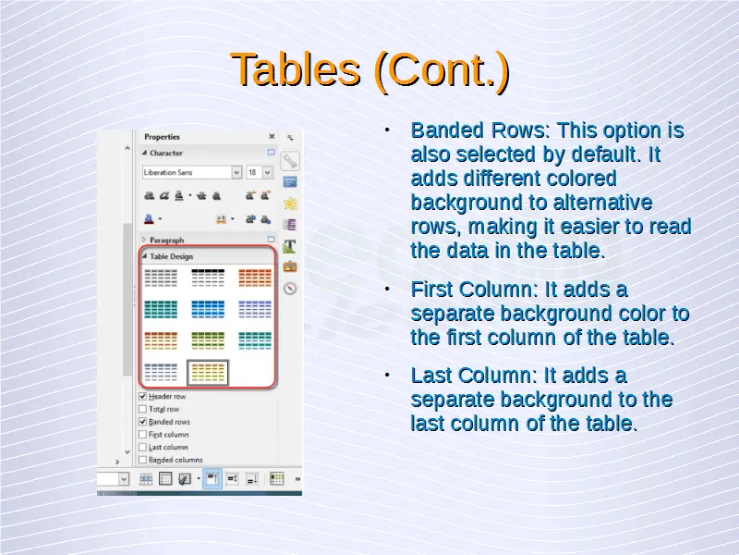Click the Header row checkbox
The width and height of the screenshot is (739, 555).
[143, 397]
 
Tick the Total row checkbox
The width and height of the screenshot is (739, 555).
[143, 409]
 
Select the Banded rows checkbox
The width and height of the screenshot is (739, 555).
[143, 422]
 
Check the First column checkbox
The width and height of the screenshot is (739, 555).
[143, 434]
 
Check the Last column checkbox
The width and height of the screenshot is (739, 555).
[143, 447]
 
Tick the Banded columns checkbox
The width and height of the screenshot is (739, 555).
[143, 460]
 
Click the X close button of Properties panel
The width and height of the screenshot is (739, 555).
[272, 136]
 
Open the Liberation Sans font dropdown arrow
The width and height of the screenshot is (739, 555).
[236, 173]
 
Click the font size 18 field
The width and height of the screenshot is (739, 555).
[253, 173]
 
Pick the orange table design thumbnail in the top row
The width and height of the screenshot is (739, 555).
[255, 278]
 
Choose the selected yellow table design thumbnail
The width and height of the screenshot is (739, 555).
[208, 373]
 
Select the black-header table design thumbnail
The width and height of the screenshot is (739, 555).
[208, 278]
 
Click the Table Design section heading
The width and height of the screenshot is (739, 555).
[171, 256]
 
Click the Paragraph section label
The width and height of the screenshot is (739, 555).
[167, 240]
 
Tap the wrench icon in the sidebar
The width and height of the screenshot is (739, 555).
[290, 161]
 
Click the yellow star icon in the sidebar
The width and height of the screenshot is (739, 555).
[290, 203]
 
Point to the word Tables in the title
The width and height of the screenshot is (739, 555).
[296, 70]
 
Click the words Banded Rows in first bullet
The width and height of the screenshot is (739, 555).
[478, 129]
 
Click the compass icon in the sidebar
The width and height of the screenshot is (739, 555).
[290, 288]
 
